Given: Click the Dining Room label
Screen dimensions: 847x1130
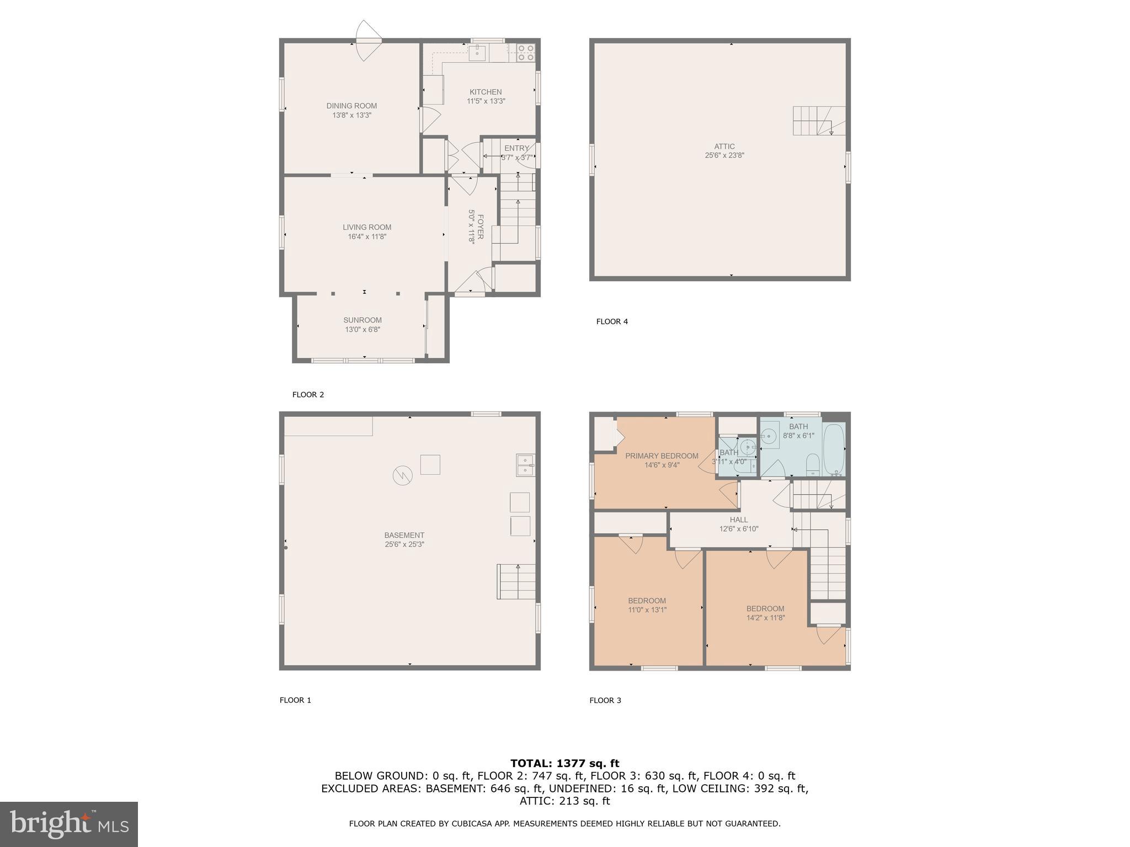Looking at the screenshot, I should click(x=351, y=106).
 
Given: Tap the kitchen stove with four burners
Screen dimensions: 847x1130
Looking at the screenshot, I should click(x=526, y=53).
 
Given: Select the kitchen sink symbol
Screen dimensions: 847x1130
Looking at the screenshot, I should click(x=477, y=53).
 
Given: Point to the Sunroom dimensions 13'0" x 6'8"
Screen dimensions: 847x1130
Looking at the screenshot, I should click(x=363, y=330).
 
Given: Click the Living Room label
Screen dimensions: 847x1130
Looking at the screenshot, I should click(x=367, y=227).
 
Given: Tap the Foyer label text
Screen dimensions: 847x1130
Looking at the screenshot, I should click(x=479, y=227).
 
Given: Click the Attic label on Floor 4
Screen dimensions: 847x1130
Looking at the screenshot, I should click(x=724, y=146).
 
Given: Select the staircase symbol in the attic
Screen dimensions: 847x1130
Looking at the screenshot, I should click(x=819, y=121).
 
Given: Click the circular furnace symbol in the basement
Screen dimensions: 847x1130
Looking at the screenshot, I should click(x=402, y=475).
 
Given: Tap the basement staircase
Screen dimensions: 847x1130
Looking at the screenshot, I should click(x=516, y=581).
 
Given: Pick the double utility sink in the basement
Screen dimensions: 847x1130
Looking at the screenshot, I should click(x=525, y=465).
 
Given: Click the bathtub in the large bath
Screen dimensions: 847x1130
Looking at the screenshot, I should click(x=834, y=449).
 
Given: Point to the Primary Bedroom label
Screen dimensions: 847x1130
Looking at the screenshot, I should click(x=662, y=456).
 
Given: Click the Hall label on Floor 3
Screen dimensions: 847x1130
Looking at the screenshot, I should click(x=739, y=519).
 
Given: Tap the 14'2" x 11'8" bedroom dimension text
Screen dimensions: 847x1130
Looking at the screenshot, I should click(x=765, y=618).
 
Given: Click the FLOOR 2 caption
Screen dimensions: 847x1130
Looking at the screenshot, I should click(x=308, y=395).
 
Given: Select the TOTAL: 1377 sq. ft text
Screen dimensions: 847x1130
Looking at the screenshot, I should click(x=564, y=763).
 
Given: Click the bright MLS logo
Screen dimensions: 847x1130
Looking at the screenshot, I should click(x=69, y=824).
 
